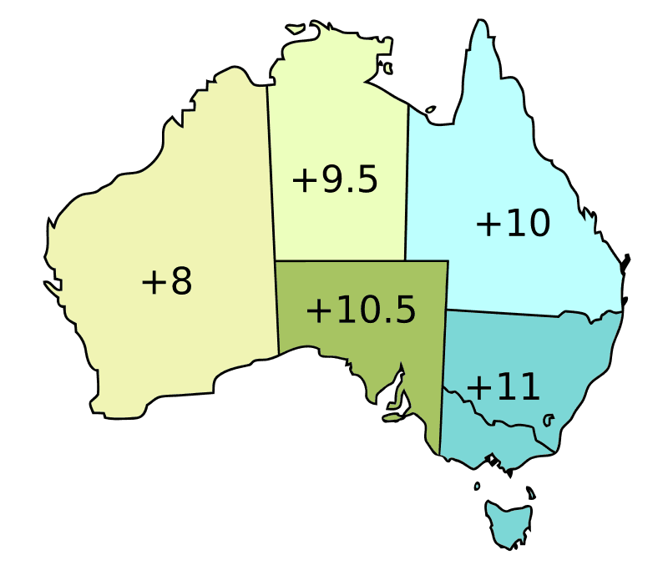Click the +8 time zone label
(x=167, y=282)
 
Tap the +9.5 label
(x=335, y=180)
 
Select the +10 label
(x=513, y=224)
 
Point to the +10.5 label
(x=360, y=310)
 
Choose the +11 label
(x=503, y=387)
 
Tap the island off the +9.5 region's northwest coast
(x=296, y=28)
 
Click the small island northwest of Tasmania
(x=477, y=486)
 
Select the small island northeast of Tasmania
(x=531, y=493)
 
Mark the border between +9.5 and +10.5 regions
(x=342, y=260)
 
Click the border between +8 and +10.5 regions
(x=276, y=309)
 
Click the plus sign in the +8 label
(x=150, y=283)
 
